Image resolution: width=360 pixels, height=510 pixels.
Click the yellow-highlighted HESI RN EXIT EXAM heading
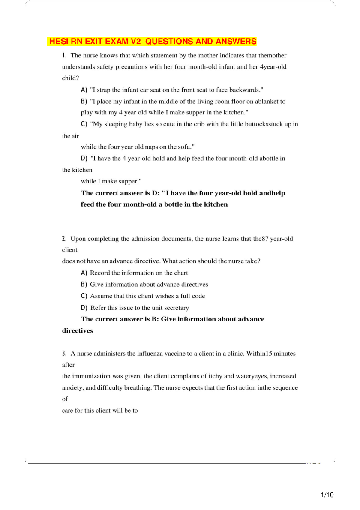pos(153,42)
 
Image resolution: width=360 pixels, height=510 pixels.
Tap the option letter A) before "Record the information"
pos(84,273)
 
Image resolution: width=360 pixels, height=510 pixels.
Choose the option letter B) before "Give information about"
pos(84,285)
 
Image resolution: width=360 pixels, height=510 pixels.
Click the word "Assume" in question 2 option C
pos(100,296)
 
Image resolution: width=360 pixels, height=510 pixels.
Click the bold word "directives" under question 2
pos(77,331)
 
